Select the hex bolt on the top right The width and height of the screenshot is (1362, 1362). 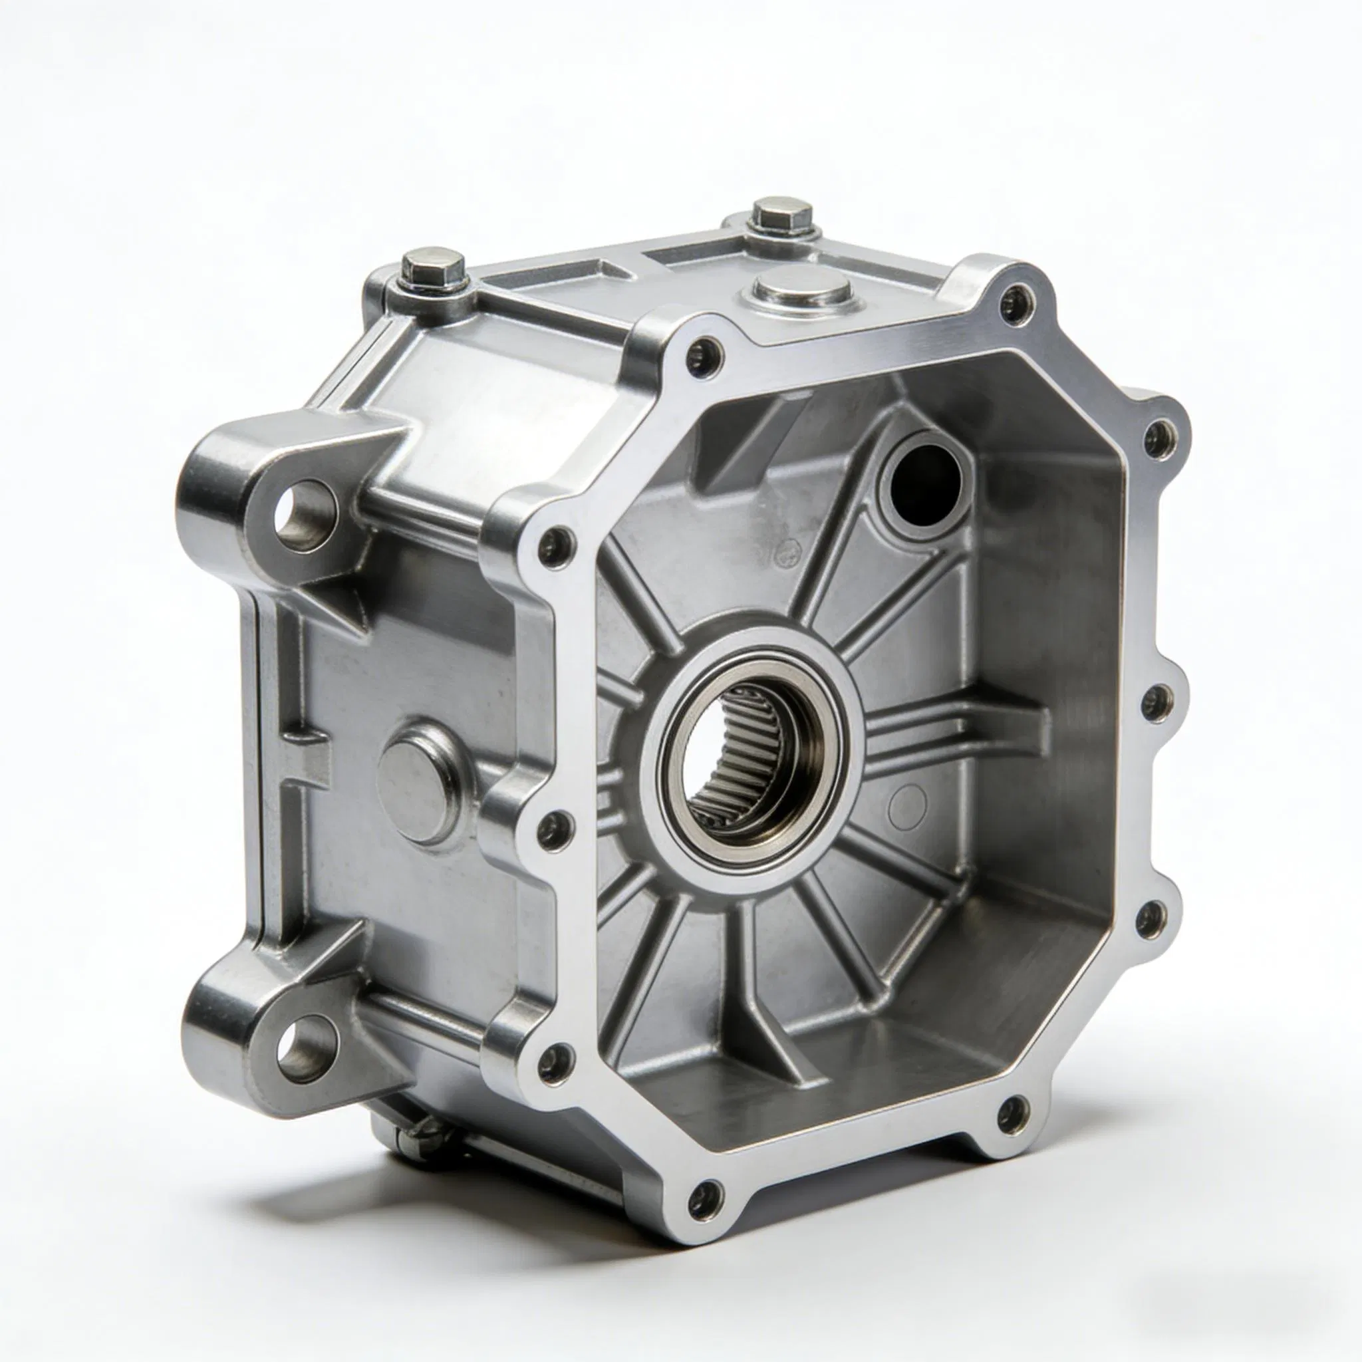tap(783, 213)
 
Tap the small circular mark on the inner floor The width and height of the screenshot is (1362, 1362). tap(907, 808)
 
